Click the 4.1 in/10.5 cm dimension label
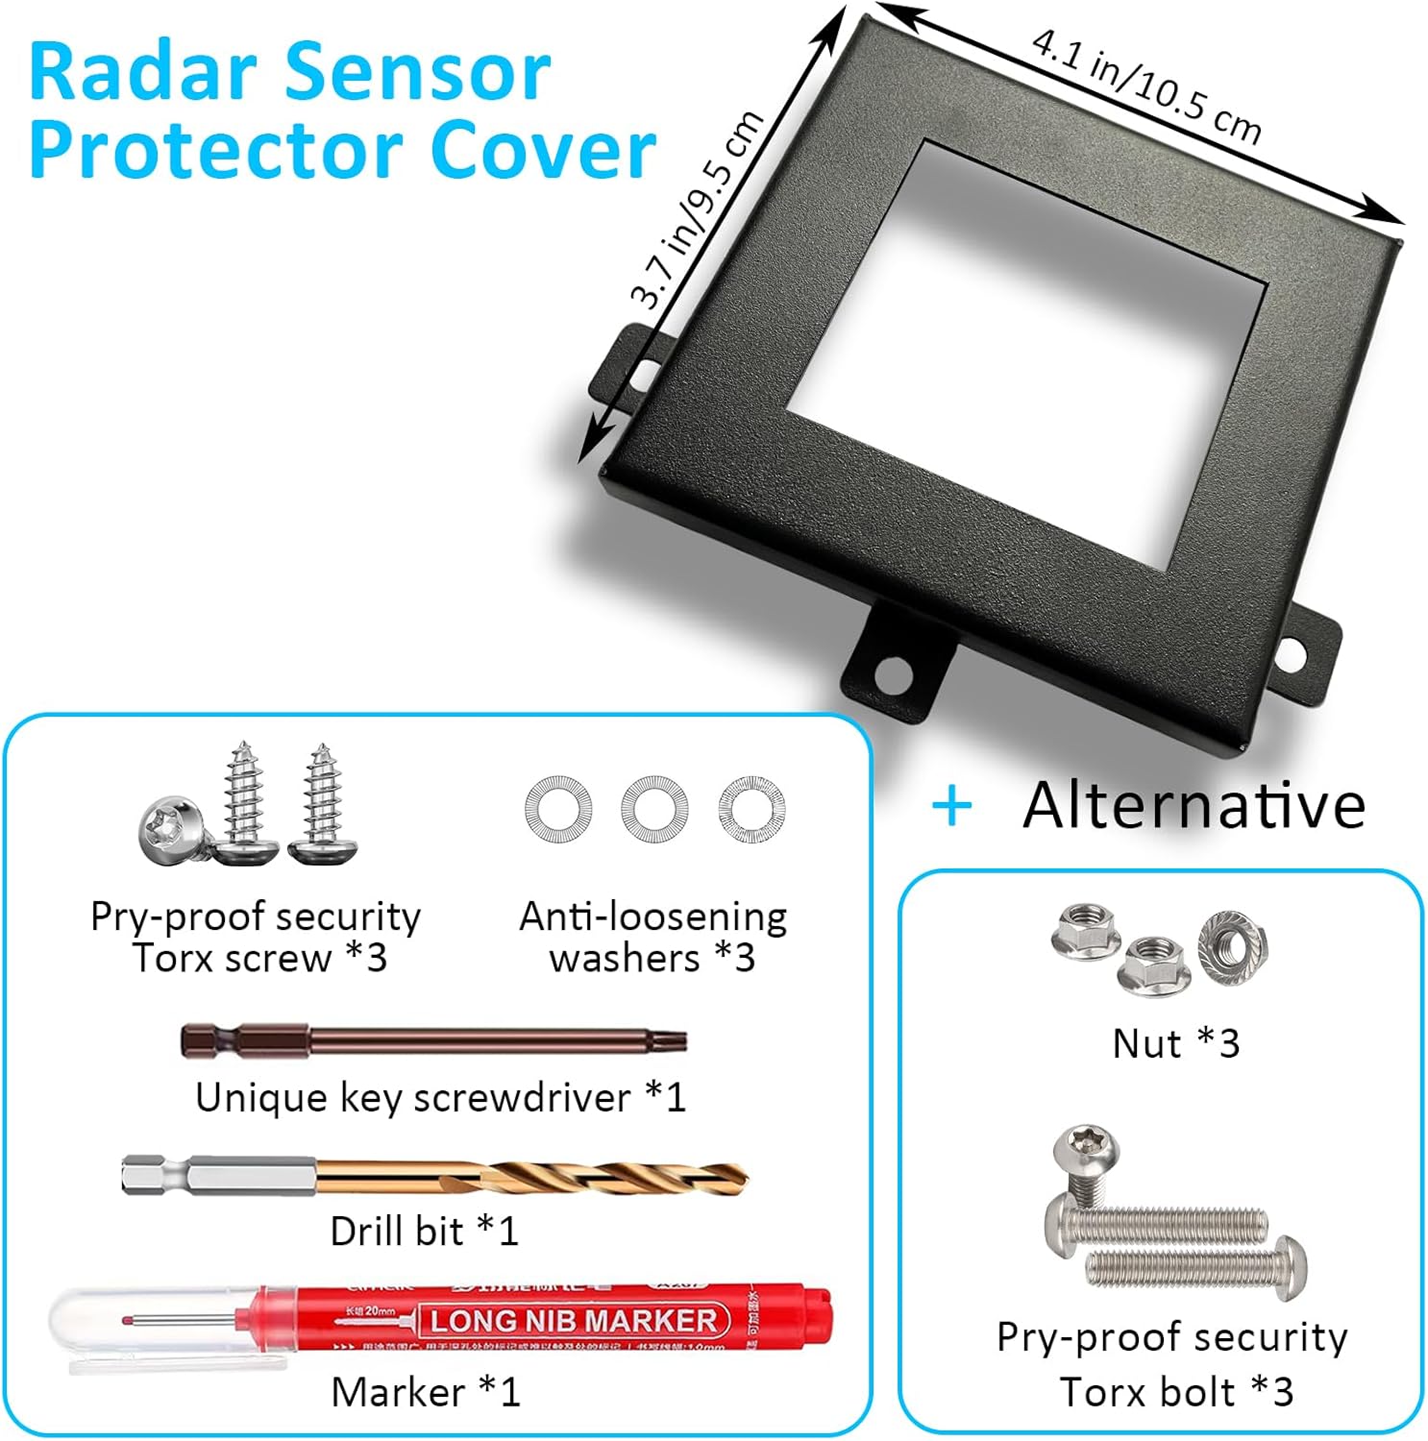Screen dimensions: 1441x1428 pyautogui.click(x=1145, y=86)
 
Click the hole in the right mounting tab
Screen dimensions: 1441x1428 pyautogui.click(x=1292, y=656)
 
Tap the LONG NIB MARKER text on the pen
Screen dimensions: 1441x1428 pyautogui.click(x=573, y=1321)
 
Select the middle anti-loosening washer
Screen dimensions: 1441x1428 pyautogui.click(x=653, y=809)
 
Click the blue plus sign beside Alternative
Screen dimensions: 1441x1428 pyautogui.click(x=951, y=807)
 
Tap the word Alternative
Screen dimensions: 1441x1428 pyautogui.click(x=1194, y=805)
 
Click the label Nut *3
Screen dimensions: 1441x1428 pyautogui.click(x=1175, y=1043)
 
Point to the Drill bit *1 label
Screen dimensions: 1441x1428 pyautogui.click(x=424, y=1231)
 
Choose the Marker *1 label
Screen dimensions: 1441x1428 pyautogui.click(x=425, y=1392)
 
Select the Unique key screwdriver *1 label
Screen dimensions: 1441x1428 pyautogui.click(x=440, y=1097)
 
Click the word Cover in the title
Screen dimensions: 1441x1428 pyautogui.click(x=542, y=151)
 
